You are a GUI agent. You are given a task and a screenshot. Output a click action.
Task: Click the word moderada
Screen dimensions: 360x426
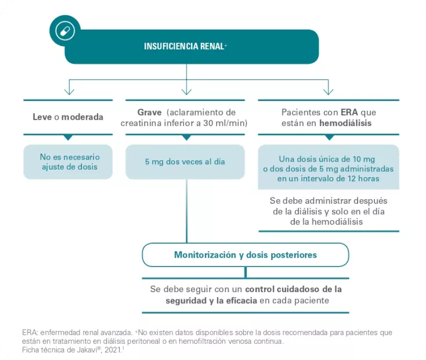click(82, 117)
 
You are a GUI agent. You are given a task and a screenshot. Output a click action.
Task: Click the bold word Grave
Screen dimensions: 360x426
click(149, 111)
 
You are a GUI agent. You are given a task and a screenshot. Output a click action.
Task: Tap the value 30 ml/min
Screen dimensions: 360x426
click(225, 123)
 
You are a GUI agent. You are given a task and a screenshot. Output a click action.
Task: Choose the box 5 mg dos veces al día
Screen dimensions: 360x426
click(185, 162)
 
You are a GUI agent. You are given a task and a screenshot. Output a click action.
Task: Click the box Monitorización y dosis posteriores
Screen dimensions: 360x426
click(245, 255)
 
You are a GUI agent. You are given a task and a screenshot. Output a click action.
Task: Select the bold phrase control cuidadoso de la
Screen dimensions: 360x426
click(294, 289)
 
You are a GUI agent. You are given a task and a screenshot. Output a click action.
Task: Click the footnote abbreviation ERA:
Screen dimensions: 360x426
click(30, 333)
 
